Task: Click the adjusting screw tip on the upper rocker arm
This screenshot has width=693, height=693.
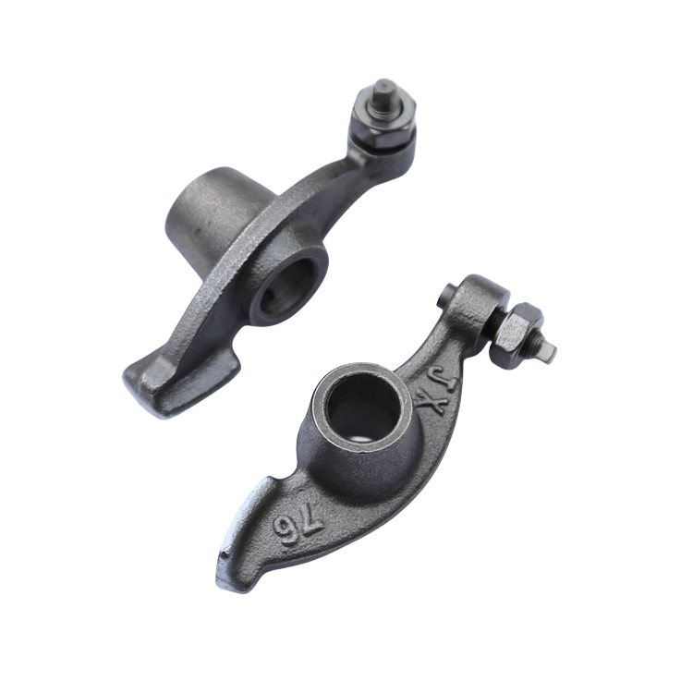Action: click(x=383, y=89)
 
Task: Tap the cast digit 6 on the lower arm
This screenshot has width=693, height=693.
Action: click(x=286, y=529)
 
